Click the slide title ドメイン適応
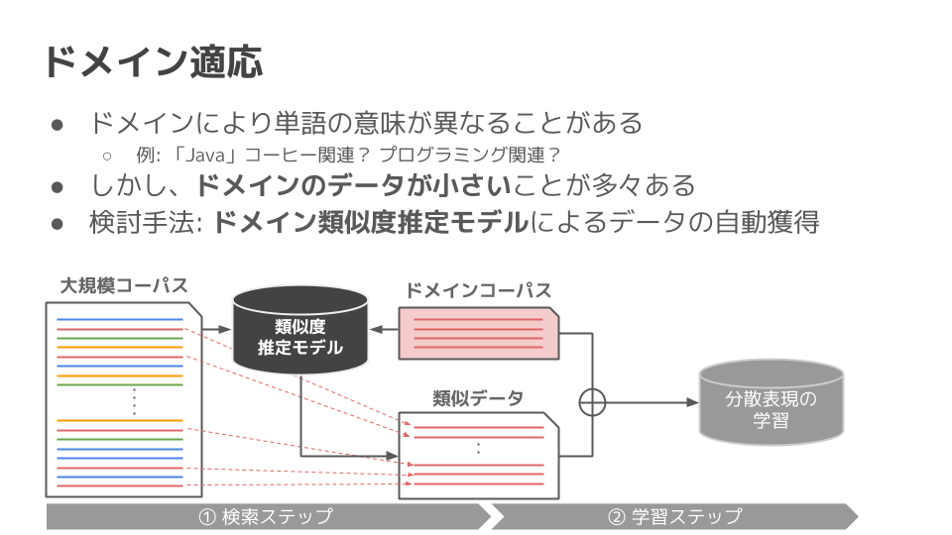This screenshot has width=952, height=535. coord(152,61)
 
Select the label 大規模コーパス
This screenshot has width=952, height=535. coord(123,286)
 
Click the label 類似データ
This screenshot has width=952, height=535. coord(477,397)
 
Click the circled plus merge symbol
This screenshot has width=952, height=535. coord(592,401)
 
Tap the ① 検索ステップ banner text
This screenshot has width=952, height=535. coord(265,516)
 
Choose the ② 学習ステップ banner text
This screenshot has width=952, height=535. coord(674,516)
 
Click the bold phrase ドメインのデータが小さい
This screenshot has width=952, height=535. coord(352,185)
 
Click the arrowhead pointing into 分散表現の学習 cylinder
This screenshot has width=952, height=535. coord(691,401)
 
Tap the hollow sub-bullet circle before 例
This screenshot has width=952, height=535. coord(107,156)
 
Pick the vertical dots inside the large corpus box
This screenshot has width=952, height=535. coord(132,401)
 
